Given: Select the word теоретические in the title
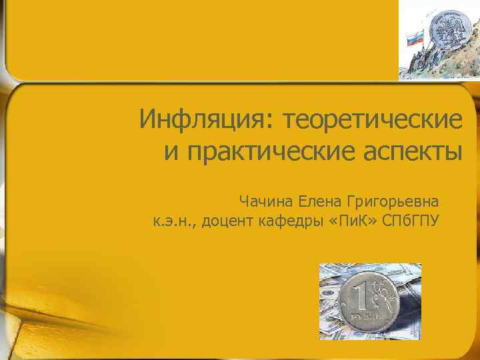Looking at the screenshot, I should pyautogui.click(x=372, y=121).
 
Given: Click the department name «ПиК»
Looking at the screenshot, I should pyautogui.click(x=351, y=221).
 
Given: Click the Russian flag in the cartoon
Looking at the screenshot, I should pyautogui.click(x=415, y=36).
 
